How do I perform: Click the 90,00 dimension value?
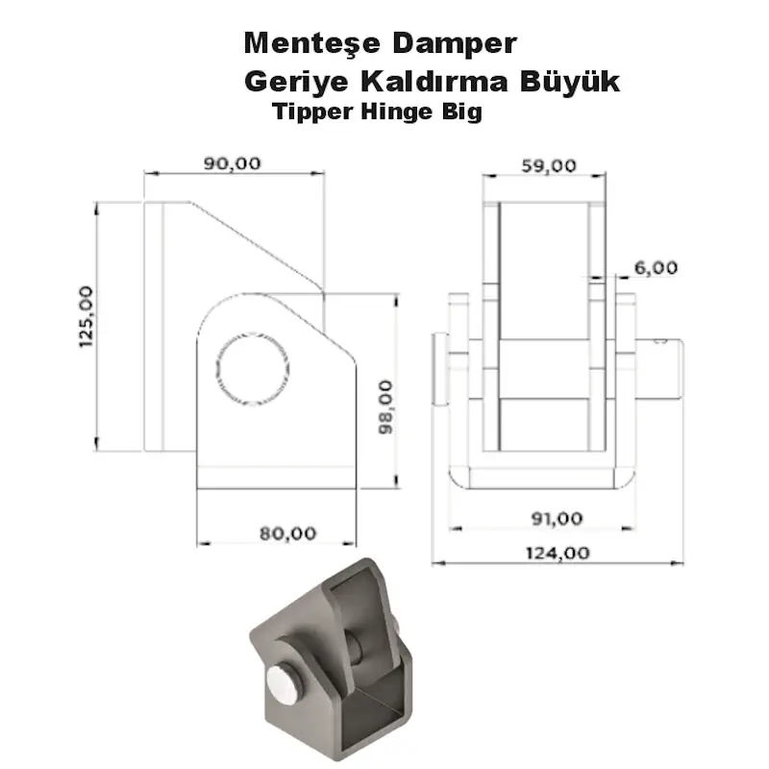coord(232,163)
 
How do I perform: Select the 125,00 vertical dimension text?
coord(86,316)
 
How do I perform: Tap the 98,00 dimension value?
coord(384,408)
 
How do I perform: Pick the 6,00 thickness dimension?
coord(657,268)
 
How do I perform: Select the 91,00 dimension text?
coord(557,518)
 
